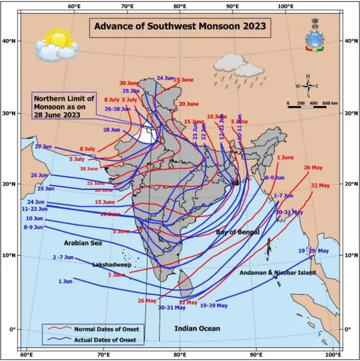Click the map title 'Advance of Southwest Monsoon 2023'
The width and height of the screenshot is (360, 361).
[x=179, y=26]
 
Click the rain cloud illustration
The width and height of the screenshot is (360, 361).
[x=232, y=64]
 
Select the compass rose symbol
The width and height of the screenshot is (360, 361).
[x=308, y=86]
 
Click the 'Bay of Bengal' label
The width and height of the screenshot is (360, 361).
[x=238, y=232]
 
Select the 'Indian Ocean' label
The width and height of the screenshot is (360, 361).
[x=197, y=328]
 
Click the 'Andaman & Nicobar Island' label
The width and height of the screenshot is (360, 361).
[x=278, y=273]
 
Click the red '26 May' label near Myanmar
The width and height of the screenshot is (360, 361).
[x=314, y=168]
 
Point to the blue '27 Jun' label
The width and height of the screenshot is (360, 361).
[x=43, y=146]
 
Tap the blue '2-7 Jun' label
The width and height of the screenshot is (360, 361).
[x=63, y=257]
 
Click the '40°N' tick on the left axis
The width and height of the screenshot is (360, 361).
[x=10, y=41]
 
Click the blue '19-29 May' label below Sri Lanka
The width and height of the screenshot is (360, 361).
[x=214, y=305]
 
